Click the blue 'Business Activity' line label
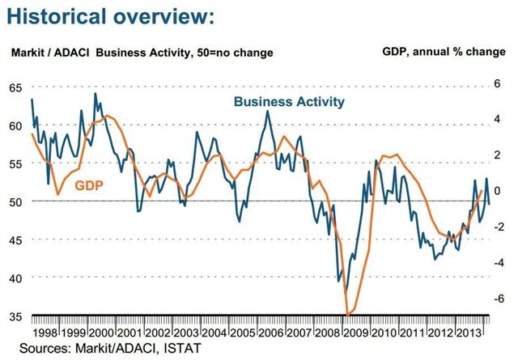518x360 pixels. click(289, 102)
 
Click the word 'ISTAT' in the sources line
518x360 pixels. click(181, 348)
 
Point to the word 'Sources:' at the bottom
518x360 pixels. click(42, 348)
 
